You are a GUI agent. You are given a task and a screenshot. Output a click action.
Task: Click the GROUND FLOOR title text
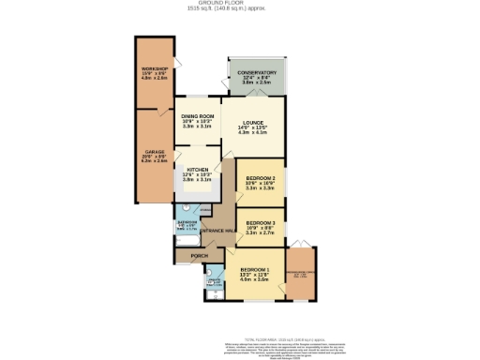click(x=240, y=4)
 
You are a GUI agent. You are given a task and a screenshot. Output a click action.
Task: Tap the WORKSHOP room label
click(x=154, y=69)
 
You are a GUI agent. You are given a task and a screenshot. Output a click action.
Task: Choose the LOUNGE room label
click(x=251, y=123)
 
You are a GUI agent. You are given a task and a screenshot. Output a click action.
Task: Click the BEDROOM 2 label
click(x=260, y=177)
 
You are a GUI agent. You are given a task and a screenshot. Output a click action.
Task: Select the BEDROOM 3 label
click(x=260, y=222)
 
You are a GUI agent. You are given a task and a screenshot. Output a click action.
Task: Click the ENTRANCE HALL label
click(x=217, y=230)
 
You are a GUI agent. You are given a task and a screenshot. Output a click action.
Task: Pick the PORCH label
click(x=199, y=255)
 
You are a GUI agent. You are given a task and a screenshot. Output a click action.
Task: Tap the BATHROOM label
click(x=187, y=222)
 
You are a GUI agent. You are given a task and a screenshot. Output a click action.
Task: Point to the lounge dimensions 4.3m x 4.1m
click(x=251, y=133)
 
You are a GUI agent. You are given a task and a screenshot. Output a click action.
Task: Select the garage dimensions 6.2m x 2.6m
click(x=154, y=161)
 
